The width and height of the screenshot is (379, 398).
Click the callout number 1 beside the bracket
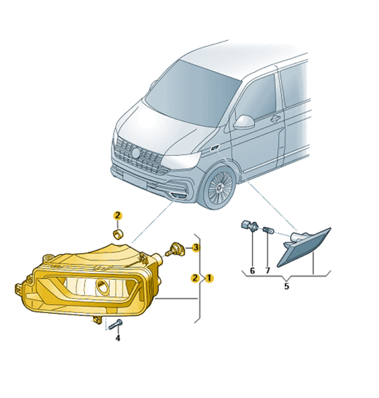coord(209,278)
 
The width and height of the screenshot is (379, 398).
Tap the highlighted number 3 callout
coord(195,247)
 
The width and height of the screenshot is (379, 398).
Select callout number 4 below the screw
coord(118,338)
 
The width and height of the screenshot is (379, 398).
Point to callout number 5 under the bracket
coord(287,287)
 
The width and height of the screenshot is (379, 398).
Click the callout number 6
coord(252,271)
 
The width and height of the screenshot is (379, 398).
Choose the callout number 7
coord(267,271)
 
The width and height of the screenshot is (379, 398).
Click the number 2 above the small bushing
coord(117,216)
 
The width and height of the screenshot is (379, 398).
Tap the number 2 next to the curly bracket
coord(195,278)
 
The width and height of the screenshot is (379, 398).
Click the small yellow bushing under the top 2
coord(117,233)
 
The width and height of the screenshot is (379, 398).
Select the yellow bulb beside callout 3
coord(175,249)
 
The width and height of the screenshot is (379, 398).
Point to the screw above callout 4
coord(115,324)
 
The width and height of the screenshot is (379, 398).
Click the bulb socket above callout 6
coord(249,225)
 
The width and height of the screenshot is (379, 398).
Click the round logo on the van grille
coord(136,153)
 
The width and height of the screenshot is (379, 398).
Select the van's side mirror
coord(244,121)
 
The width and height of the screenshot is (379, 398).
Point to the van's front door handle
coord(275,118)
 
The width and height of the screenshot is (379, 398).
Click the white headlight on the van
coord(181,160)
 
